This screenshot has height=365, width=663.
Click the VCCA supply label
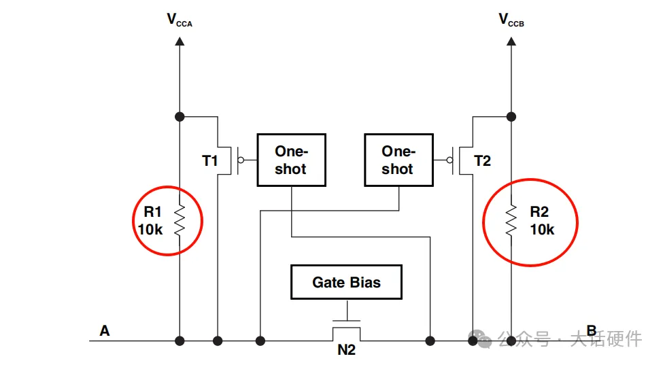[x=180, y=20]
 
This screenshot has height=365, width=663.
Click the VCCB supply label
[x=511, y=20]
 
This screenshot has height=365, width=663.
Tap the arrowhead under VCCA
[x=180, y=41]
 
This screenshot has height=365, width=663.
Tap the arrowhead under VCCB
[x=511, y=41]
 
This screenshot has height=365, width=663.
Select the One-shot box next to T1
[x=290, y=160]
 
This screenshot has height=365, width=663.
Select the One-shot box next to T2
[x=398, y=160]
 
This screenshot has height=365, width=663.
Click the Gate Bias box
[x=346, y=281]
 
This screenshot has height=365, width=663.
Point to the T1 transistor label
[x=210, y=161]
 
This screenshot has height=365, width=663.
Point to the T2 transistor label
[x=482, y=161]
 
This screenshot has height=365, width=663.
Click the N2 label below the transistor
[x=346, y=351]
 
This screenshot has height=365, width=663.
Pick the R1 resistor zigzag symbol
[x=180, y=220]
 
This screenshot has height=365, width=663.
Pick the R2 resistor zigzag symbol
[x=511, y=220]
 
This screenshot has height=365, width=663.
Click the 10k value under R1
[x=150, y=230]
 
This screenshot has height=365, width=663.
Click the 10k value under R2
[x=542, y=230]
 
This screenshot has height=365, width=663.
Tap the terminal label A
[x=104, y=331]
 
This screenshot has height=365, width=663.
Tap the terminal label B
[x=592, y=331]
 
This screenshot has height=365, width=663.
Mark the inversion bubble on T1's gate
[x=240, y=160]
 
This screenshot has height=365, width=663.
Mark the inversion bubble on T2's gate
[x=449, y=160]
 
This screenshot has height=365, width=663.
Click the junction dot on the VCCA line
[x=180, y=116]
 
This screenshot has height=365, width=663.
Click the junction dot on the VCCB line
[x=511, y=116]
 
